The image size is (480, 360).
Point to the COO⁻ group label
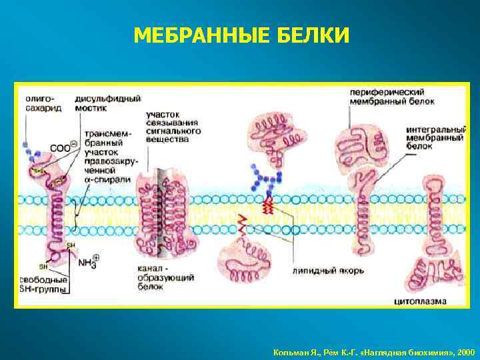(x=64, y=148)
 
